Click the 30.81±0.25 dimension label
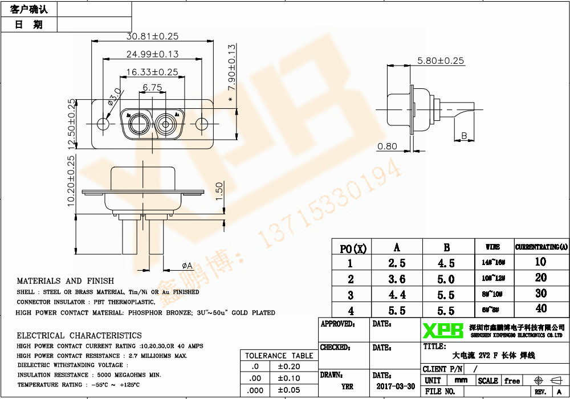pyautogui.click(x=152, y=36)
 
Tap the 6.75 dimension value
pyautogui.click(x=152, y=87)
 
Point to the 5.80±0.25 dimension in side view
pyautogui.click(x=441, y=60)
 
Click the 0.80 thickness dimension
pyautogui.click(x=387, y=146)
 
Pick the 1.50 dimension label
pyautogui.click(x=219, y=192)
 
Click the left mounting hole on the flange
pyautogui.click(x=103, y=124)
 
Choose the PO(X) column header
pyautogui.click(x=353, y=248)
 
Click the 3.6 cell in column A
pyautogui.click(x=397, y=279)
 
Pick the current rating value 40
pyautogui.click(x=540, y=309)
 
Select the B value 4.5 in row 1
pyautogui.click(x=446, y=263)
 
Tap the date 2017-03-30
pyautogui.click(x=396, y=386)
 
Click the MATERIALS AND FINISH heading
pyautogui.click(x=65, y=281)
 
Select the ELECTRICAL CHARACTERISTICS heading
pyautogui.click(x=79, y=335)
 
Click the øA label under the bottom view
pyautogui.click(x=187, y=266)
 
